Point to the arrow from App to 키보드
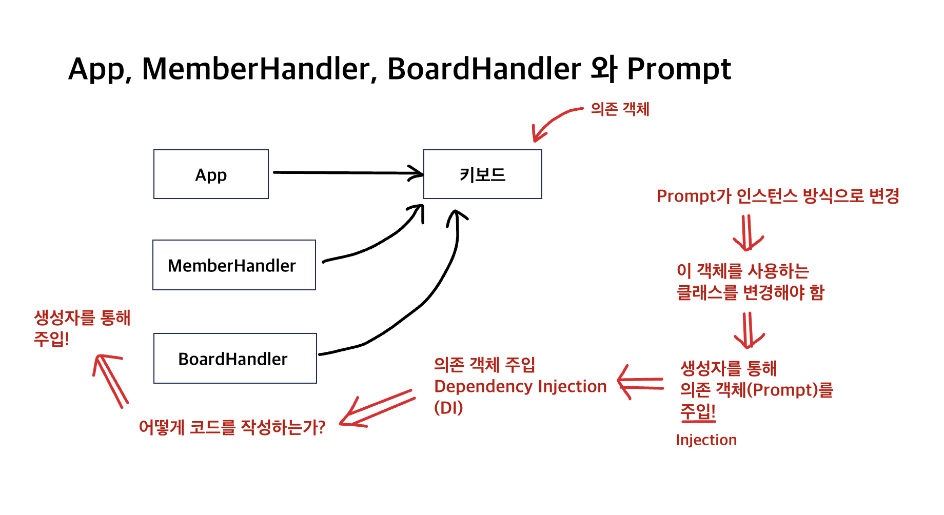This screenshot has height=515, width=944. (x=348, y=173)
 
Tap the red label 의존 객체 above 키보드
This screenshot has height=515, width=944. (x=620, y=109)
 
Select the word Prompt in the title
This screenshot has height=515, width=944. (x=679, y=69)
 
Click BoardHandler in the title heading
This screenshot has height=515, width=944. (x=484, y=69)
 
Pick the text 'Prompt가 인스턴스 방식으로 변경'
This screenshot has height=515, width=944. (x=778, y=196)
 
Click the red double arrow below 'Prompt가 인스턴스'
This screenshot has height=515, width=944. (x=748, y=232)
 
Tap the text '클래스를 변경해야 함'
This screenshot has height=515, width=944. (x=751, y=292)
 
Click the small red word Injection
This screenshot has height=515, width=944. (x=706, y=440)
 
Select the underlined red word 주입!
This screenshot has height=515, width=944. (x=698, y=411)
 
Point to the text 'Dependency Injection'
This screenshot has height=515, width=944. (x=520, y=386)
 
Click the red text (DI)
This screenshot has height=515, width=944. (x=448, y=408)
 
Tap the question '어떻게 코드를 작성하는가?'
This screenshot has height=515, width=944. (x=232, y=427)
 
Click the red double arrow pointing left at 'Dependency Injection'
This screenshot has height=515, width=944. (x=640, y=383)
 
